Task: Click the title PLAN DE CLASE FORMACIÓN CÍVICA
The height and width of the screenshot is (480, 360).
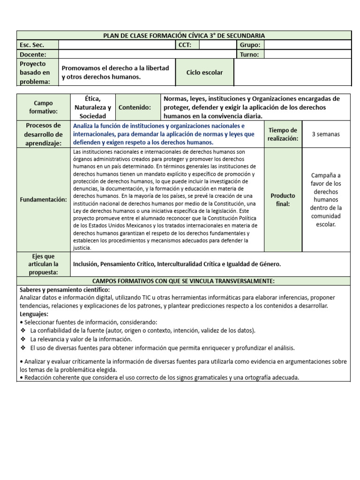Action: (184, 36)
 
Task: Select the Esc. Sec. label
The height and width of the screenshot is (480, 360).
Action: (31, 45)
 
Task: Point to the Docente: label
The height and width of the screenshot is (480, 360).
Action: (34, 54)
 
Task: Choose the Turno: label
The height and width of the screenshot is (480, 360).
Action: (249, 54)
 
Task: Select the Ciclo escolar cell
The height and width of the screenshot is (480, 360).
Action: (204, 72)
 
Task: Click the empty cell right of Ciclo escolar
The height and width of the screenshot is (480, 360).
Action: (292, 72)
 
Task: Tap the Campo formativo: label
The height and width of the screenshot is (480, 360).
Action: (43, 107)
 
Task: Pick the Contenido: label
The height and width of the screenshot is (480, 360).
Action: (135, 107)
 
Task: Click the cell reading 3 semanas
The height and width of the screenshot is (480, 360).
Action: (326, 134)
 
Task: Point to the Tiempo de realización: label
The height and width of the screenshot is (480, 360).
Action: (282, 134)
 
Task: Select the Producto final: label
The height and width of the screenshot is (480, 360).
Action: (283, 200)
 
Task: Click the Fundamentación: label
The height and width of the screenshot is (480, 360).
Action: (43, 200)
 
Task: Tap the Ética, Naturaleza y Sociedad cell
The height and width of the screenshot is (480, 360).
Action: (92, 107)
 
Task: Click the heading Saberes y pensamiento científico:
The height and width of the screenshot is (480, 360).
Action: (65, 290)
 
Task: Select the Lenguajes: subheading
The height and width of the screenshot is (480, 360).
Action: (34, 314)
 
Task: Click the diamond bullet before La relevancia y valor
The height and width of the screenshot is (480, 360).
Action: (23, 339)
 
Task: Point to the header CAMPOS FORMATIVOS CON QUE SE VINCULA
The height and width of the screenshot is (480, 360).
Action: (184, 281)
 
